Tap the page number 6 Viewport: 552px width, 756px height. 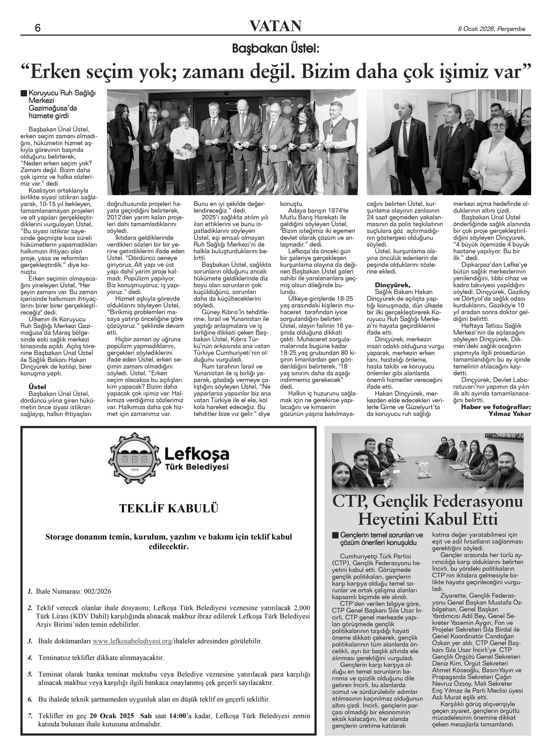[x=37, y=28]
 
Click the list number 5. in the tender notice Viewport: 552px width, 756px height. [x=30, y=674]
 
